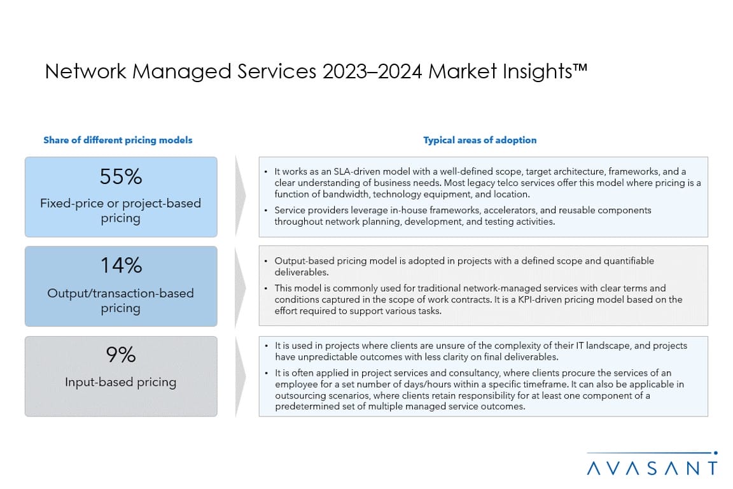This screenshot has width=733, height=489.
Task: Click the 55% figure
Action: click(121, 176)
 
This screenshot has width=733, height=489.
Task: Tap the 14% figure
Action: click(121, 265)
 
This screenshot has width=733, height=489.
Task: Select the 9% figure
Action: click(121, 355)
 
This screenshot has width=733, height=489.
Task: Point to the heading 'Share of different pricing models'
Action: click(118, 140)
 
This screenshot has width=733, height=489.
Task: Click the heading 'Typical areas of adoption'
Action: click(480, 140)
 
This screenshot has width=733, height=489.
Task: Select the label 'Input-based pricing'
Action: click(121, 382)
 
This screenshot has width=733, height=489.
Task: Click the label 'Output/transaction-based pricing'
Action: click(121, 301)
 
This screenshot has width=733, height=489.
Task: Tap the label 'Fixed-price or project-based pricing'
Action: click(121, 211)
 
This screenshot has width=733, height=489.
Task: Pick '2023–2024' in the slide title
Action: click(372, 71)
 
